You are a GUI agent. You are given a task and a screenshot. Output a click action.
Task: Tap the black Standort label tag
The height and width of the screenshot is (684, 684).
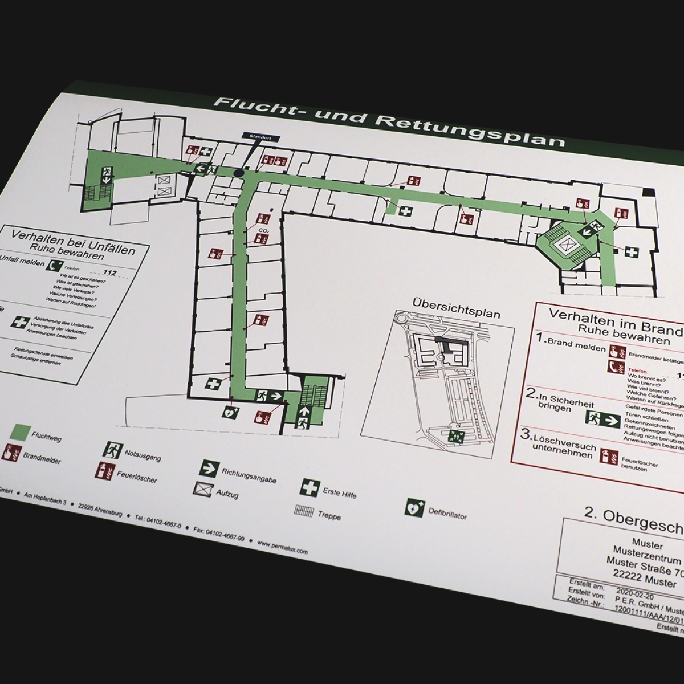coord(254,136)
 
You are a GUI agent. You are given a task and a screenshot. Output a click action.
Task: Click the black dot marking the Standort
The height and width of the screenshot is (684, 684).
coord(238,172)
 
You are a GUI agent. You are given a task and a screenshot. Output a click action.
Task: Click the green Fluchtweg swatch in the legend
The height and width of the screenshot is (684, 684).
coord(23,431)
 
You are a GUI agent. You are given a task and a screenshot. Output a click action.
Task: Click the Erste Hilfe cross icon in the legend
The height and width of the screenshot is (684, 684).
coord(310,487)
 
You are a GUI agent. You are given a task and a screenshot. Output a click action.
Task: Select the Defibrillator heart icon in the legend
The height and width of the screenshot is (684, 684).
coord(414,507)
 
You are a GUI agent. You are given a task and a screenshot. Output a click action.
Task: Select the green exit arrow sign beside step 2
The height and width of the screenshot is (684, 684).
coord(603,419)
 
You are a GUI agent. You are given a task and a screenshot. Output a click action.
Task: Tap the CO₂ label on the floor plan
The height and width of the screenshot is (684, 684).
coord(263,230)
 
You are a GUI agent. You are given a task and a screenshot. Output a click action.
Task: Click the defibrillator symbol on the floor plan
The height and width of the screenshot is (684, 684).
coord(229,410)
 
